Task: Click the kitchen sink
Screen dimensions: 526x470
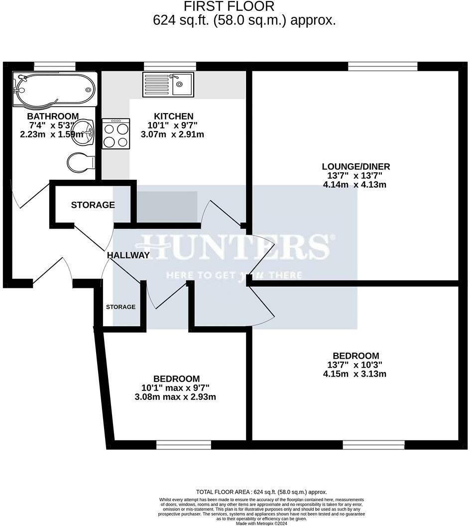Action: pos(168,84)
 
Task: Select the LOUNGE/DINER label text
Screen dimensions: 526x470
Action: pos(355,166)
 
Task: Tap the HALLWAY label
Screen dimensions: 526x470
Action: pos(128,255)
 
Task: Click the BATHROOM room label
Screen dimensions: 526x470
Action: pos(52,117)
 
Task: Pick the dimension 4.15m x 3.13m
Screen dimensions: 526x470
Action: pos(355,374)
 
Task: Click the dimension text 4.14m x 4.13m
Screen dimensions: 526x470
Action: pos(355,184)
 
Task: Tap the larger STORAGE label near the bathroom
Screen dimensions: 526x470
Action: pos(93,205)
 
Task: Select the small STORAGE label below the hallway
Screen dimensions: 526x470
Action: pos(120,307)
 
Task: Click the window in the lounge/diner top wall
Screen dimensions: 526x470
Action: pos(382,66)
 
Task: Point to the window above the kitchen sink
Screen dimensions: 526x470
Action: pos(170,66)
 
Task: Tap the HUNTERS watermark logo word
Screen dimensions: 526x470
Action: pos(234,247)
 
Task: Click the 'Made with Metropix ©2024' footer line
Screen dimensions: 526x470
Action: pos(261,523)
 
